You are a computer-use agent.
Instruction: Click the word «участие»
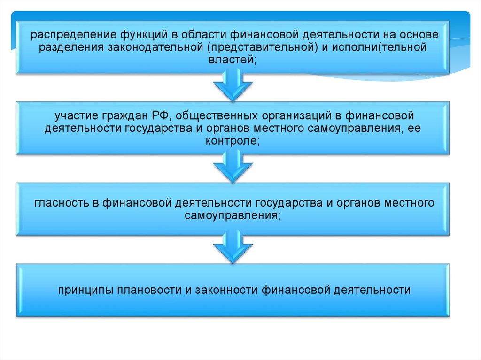point(75,115)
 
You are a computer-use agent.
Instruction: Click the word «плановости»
point(149,290)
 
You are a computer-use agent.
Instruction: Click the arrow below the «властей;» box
point(233,85)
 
